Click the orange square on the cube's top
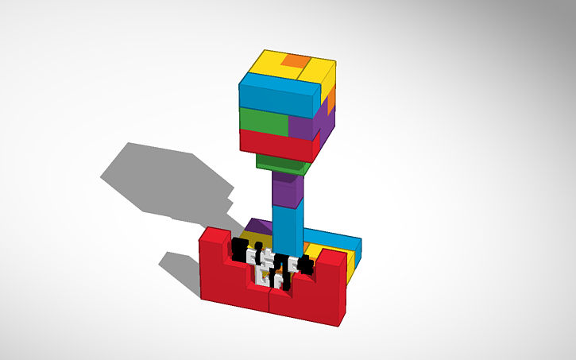295,61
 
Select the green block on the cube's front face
263,122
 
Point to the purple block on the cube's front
300,126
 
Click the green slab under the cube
280,165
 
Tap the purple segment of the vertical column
287,192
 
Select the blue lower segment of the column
287,226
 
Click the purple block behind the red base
256,228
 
